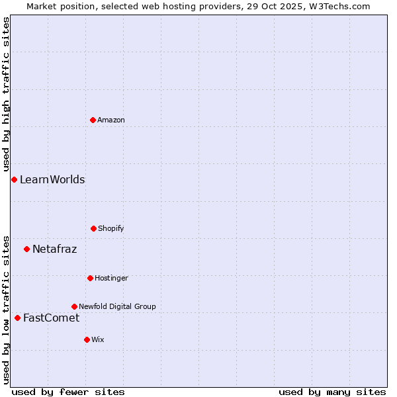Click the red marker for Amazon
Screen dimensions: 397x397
click(x=93, y=120)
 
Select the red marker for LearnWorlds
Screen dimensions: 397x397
click(x=14, y=179)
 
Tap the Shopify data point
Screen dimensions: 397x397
click(x=93, y=228)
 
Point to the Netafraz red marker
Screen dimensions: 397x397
click(x=26, y=249)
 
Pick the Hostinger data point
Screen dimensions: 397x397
click(x=90, y=278)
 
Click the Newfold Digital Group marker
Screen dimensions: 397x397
click(x=74, y=306)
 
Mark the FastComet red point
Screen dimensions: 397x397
click(x=17, y=318)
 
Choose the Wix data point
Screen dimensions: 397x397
click(x=87, y=339)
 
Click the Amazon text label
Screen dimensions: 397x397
click(x=111, y=120)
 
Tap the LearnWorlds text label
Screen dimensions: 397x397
click(x=52, y=179)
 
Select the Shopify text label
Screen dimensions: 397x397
click(x=111, y=228)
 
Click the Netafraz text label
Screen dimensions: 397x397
click(x=54, y=249)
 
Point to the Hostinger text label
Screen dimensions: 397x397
click(x=111, y=278)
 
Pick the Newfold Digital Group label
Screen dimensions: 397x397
click(x=117, y=306)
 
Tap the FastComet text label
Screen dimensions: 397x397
click(x=51, y=318)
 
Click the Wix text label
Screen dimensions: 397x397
click(x=98, y=339)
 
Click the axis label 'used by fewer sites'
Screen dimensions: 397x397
click(x=68, y=392)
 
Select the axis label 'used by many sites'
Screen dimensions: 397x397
click(x=332, y=392)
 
